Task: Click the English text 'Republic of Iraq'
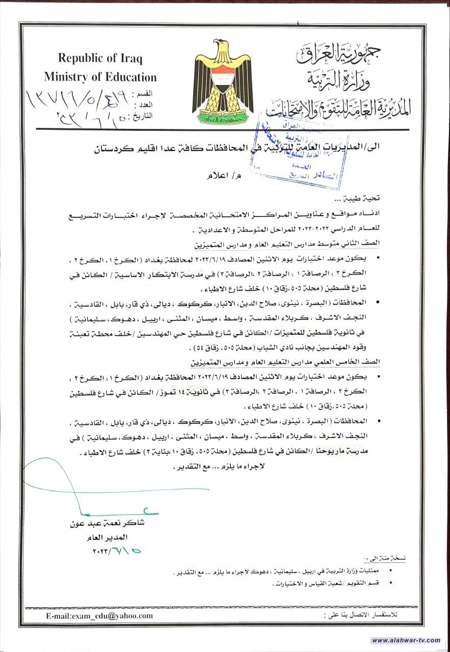(x=100, y=58)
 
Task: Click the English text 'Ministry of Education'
(x=100, y=77)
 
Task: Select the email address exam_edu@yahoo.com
(x=99, y=615)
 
